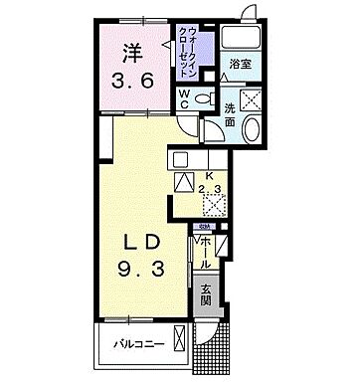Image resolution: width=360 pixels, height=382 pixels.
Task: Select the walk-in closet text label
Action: tap(187, 50)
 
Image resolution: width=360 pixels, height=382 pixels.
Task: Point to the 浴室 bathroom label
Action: tap(239, 63)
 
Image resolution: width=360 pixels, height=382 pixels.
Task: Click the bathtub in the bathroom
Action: tap(241, 38)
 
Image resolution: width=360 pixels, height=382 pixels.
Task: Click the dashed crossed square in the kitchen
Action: tap(213, 204)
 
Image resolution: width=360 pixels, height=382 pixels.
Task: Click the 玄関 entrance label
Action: tap(205, 295)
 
